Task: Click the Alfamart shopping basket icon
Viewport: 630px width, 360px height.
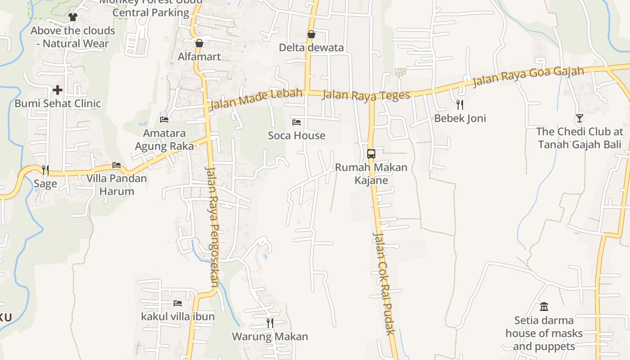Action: coord(199,43)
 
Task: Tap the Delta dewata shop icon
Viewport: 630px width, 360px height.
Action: coord(311,34)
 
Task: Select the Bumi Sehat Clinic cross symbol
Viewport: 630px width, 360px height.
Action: coord(58,90)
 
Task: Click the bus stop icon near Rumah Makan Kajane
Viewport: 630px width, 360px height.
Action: coord(371,153)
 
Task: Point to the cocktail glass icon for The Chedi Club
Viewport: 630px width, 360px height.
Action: coord(579,118)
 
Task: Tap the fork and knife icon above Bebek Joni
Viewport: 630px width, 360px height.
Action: coord(459,105)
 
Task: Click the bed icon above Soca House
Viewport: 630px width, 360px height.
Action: coord(296,122)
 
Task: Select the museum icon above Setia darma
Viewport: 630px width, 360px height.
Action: coord(544,307)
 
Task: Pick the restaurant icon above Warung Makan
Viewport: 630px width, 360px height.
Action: coord(270,323)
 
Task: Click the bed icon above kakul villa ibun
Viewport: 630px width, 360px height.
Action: coord(178,303)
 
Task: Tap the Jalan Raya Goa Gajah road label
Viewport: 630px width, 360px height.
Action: coord(528,76)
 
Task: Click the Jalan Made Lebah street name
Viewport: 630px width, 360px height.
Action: coord(256,99)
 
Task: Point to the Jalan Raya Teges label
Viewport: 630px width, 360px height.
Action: coord(366,95)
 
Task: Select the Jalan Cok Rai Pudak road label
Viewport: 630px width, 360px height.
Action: coord(383,283)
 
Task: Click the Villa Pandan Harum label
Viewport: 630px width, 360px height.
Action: coord(117,184)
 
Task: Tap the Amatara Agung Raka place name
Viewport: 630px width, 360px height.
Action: coord(164,139)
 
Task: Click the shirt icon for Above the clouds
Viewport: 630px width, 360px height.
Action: coord(73,17)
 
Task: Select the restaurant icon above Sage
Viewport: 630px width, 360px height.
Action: coord(45,170)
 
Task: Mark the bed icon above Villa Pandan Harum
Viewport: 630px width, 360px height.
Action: coord(117,165)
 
